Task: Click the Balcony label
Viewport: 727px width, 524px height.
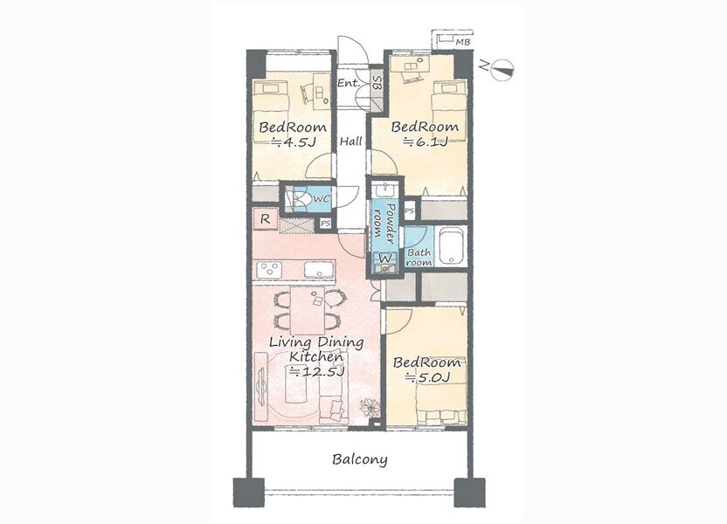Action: [x=360, y=459]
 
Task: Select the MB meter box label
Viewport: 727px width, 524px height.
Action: [x=462, y=42]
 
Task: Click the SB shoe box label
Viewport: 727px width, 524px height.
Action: [x=377, y=83]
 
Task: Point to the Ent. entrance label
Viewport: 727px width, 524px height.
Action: [x=349, y=83]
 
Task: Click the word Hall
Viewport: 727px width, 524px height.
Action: [x=351, y=141]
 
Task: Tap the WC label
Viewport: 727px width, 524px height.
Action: [x=322, y=199]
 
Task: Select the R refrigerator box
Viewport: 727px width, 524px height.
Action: [x=266, y=219]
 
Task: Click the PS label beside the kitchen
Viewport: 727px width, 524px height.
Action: [x=325, y=224]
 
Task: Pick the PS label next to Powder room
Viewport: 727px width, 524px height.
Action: [x=410, y=210]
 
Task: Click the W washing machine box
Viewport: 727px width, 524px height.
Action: [x=385, y=258]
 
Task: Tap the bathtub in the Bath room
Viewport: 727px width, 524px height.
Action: [x=452, y=245]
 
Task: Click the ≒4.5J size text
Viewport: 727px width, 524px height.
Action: [x=293, y=142]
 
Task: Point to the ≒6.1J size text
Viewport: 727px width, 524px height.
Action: [x=426, y=141]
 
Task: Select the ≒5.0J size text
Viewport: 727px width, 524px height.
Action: [x=427, y=377]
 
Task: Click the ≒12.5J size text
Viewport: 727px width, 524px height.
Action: [x=317, y=371]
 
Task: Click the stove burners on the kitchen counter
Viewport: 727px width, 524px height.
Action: [x=269, y=270]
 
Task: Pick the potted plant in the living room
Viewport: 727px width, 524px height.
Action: [x=370, y=407]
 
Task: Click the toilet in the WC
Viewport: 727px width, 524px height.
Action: [x=301, y=199]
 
